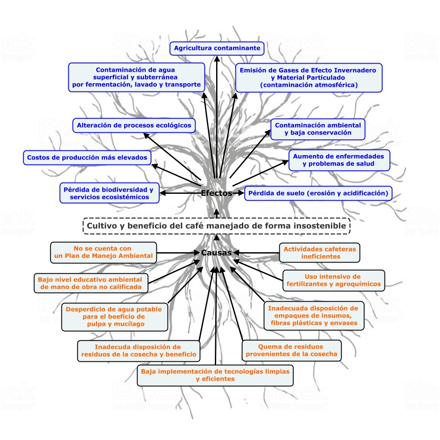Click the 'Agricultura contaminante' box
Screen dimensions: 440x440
pyautogui.click(x=217, y=48)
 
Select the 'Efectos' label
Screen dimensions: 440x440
pyautogui.click(x=217, y=193)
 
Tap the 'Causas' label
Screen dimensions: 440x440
pyautogui.click(x=217, y=253)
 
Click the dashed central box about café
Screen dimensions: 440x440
pyautogui.click(x=216, y=226)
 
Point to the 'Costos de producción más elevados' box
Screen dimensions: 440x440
pyautogui.click(x=87, y=158)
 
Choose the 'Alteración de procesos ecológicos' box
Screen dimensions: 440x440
pyautogui.click(x=134, y=125)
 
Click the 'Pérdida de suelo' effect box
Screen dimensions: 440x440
pyautogui.click(x=318, y=193)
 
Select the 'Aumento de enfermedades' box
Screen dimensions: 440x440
pyautogui.click(x=339, y=160)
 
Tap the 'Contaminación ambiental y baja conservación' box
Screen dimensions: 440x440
pyautogui.click(x=318, y=129)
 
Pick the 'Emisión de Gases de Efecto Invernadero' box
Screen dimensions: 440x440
pyautogui.click(x=309, y=77)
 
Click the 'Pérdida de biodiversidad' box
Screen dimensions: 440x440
pyautogui.click(x=109, y=193)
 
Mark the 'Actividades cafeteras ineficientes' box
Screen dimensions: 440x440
pyautogui.click(x=320, y=253)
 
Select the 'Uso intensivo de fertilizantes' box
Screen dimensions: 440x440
pyautogui.click(x=333, y=280)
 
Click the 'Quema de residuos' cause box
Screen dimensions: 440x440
pyautogui.click(x=291, y=351)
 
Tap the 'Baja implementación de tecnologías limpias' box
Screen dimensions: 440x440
pyautogui.click(x=215, y=375)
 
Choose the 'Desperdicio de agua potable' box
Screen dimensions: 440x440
pyautogui.click(x=114, y=316)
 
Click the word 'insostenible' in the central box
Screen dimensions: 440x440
pyautogui.click(x=319, y=226)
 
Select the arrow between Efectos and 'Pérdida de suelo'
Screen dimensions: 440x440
pyautogui.click(x=238, y=193)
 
